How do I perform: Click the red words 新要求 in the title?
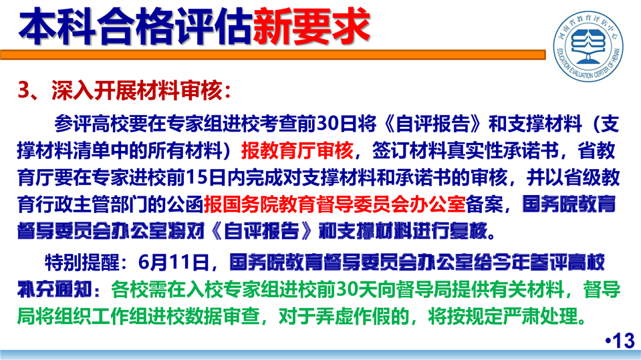click(x=311, y=27)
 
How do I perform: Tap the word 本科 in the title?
click(x=57, y=27)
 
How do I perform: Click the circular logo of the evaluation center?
click(x=588, y=45)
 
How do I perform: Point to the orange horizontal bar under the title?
click(x=273, y=55)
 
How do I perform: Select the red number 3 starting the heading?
click(x=23, y=90)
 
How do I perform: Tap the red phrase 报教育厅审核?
click(x=297, y=151)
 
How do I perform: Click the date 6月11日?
click(x=174, y=262)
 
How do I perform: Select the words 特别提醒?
click(x=82, y=262)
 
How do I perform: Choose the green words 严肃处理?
click(x=541, y=317)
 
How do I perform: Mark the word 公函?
click(x=185, y=204)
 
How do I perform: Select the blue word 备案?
click(x=484, y=204)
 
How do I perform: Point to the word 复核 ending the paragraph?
click(x=469, y=231)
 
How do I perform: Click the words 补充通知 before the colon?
click(x=55, y=290)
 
